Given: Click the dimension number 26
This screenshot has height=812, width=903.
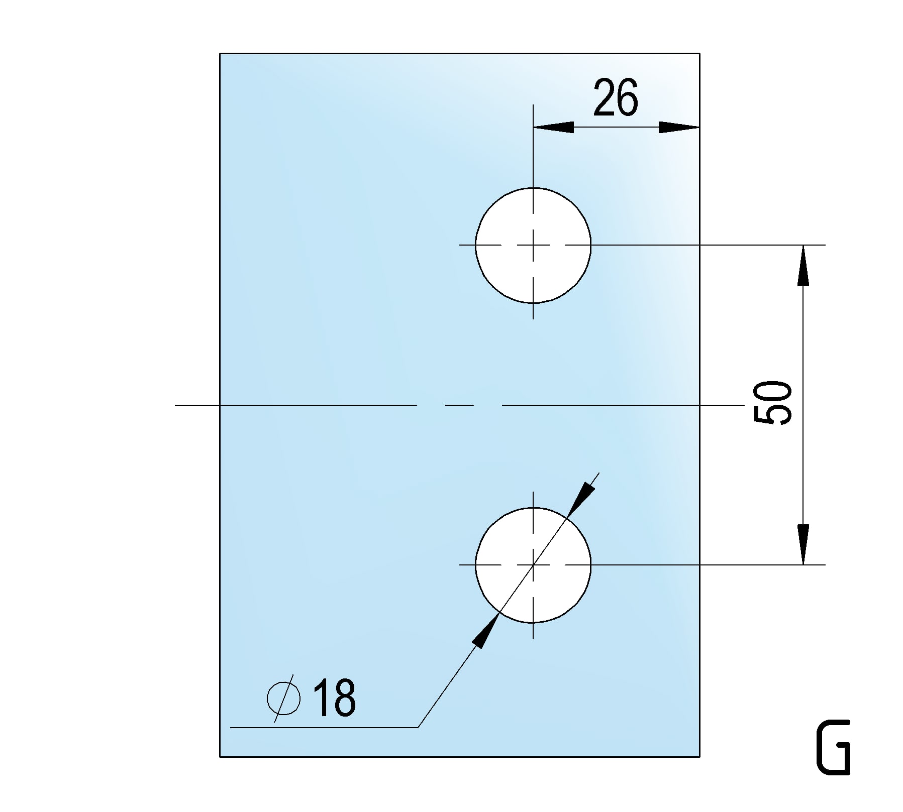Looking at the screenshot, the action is (616, 97).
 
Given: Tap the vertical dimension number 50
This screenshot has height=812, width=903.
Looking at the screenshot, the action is (773, 402).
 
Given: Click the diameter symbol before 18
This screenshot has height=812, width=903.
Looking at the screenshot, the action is (284, 698).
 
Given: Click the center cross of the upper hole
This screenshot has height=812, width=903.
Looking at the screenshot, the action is (533, 245).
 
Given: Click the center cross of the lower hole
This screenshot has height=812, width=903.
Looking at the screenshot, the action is (533, 565).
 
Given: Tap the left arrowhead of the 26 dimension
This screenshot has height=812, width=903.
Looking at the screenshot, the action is (553, 127).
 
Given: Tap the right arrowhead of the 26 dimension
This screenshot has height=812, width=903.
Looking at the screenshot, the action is (679, 127).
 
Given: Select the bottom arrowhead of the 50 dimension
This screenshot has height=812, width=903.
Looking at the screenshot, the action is (803, 544).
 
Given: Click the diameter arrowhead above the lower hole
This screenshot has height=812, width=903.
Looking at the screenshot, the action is (580, 499).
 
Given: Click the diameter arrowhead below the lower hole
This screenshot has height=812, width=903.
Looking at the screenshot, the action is (486, 631).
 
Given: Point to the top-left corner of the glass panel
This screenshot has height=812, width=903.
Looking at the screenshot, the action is (220, 53).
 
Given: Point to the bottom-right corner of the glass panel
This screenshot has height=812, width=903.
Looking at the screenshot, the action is (699, 756).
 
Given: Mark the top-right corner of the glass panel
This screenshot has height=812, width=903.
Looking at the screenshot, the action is (699, 53).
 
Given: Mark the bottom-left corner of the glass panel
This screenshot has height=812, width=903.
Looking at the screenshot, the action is (220, 756).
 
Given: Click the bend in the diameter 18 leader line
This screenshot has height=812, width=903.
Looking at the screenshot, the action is (418, 727).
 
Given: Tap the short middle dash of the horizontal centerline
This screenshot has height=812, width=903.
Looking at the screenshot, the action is (459, 404).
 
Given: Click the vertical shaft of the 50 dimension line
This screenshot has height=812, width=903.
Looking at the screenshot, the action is (803, 405).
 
